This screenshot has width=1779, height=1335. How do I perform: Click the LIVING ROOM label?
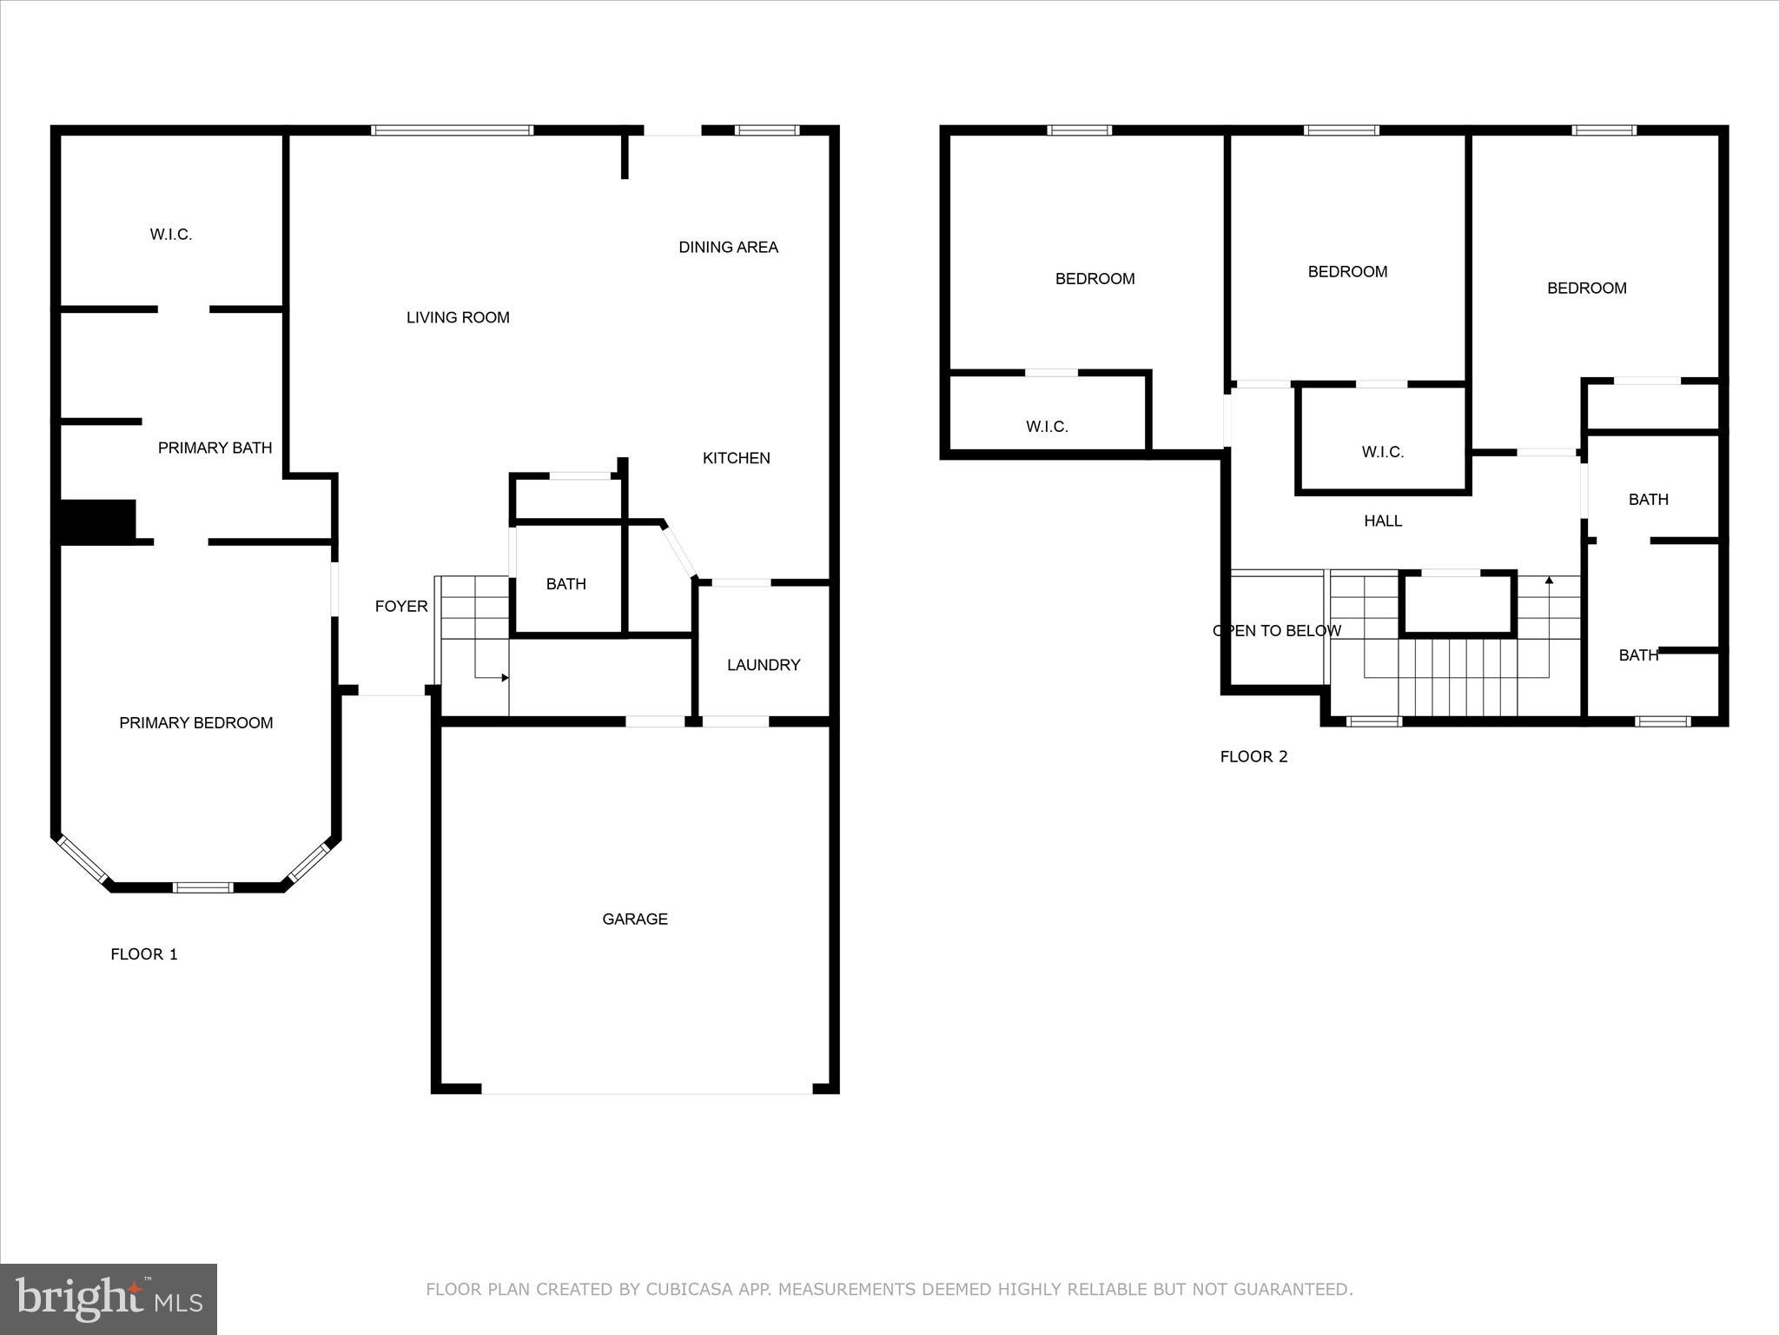pos(458,318)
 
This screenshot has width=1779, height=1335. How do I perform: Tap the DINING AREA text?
pos(728,248)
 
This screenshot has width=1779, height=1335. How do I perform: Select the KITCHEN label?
pos(736,458)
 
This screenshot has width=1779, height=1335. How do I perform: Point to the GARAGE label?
pos(635,920)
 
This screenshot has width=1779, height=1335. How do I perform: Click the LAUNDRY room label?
pos(764,665)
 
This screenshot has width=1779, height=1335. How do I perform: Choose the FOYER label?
pos(401,607)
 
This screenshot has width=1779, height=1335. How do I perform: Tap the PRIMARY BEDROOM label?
pos(196,723)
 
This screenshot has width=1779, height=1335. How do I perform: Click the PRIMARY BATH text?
pos(215,448)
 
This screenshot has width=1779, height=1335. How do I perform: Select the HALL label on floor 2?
pos(1383,521)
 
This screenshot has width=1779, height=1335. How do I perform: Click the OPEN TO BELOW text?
pos(1277,631)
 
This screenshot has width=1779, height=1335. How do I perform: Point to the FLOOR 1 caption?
pos(144,954)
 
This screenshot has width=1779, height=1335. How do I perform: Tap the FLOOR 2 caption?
pos(1253,757)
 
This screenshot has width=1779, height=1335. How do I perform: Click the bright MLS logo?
pos(109,1299)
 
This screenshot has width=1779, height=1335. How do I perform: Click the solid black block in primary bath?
pos(97,521)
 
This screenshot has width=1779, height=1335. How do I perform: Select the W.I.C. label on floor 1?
pos(171,235)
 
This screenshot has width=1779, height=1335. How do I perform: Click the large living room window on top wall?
pos(452,131)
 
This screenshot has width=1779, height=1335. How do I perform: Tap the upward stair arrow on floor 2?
pos(1549,581)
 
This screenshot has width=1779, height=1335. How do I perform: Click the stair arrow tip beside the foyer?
pos(505,677)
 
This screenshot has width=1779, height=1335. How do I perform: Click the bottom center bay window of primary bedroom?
pos(202,887)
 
